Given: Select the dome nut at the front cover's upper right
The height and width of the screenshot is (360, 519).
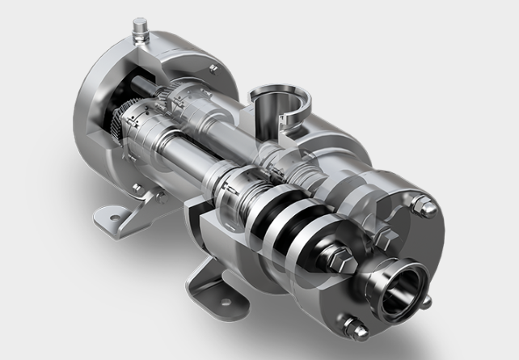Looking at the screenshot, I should coord(427,207).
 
